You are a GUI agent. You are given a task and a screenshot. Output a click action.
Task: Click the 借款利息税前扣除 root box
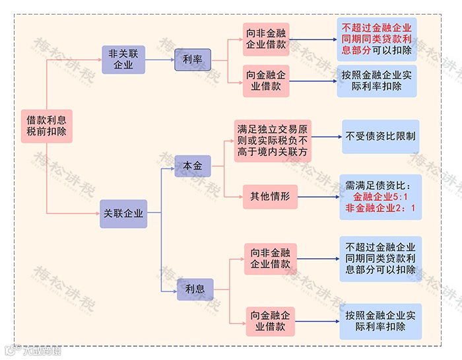pyautogui.click(x=46, y=126)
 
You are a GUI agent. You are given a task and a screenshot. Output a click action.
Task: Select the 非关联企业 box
pyautogui.click(x=123, y=59)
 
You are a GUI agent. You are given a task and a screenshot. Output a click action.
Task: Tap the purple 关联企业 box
pyautogui.click(x=123, y=214)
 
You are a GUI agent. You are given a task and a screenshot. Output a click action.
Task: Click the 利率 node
pyautogui.click(x=192, y=60)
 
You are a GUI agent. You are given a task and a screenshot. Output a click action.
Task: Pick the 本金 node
pyautogui.click(x=193, y=165)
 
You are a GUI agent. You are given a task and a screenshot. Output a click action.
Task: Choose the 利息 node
pyautogui.click(x=195, y=289)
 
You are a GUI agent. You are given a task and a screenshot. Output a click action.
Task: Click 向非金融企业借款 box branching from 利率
pyautogui.click(x=266, y=39)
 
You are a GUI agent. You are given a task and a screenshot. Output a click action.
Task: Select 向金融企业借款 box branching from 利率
pyautogui.click(x=266, y=81)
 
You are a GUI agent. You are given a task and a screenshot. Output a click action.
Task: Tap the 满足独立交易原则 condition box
pyautogui.click(x=273, y=141)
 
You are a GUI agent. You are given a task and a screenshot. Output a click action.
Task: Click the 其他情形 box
pyautogui.click(x=270, y=196)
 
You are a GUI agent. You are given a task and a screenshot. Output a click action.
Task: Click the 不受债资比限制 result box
pyautogui.click(x=381, y=137)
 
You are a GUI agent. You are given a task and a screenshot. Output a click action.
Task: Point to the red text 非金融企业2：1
pyautogui.click(x=381, y=209)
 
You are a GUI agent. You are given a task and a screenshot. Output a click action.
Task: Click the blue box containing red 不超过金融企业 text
pyautogui.click(x=377, y=39)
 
